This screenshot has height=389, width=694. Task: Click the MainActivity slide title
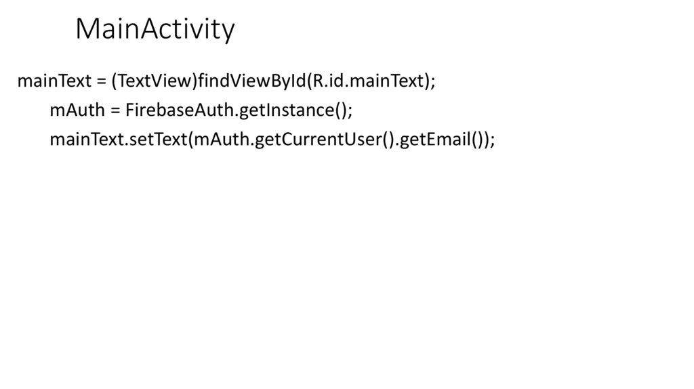pyautogui.click(x=155, y=29)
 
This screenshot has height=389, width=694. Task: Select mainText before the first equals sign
pyautogui.click(x=54, y=81)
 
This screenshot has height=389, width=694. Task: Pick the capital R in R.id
pyautogui.click(x=319, y=81)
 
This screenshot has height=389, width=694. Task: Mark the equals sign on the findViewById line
pyautogui.click(x=100, y=82)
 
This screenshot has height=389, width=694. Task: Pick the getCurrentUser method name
pyautogui.click(x=316, y=140)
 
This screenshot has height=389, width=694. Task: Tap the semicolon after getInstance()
pyautogui.click(x=350, y=112)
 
